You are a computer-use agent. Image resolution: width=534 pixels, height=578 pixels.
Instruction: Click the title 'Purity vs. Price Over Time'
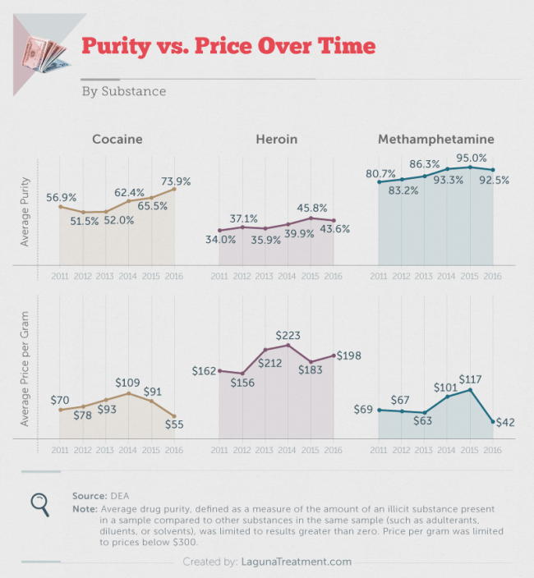click(228, 45)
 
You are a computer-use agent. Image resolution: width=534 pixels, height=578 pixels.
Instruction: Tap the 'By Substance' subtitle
click(123, 90)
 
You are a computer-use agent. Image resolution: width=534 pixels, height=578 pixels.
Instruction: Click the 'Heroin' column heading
click(276, 139)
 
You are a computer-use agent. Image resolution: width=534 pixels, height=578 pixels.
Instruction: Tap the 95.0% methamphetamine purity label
click(472, 158)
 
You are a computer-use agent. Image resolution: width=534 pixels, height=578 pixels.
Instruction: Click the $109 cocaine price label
click(127, 383)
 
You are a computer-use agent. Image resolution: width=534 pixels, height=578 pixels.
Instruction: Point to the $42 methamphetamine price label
click(504, 422)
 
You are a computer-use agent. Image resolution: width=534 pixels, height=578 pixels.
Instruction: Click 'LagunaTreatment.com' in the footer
click(300, 562)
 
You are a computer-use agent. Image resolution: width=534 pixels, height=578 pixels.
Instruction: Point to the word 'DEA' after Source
click(120, 496)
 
